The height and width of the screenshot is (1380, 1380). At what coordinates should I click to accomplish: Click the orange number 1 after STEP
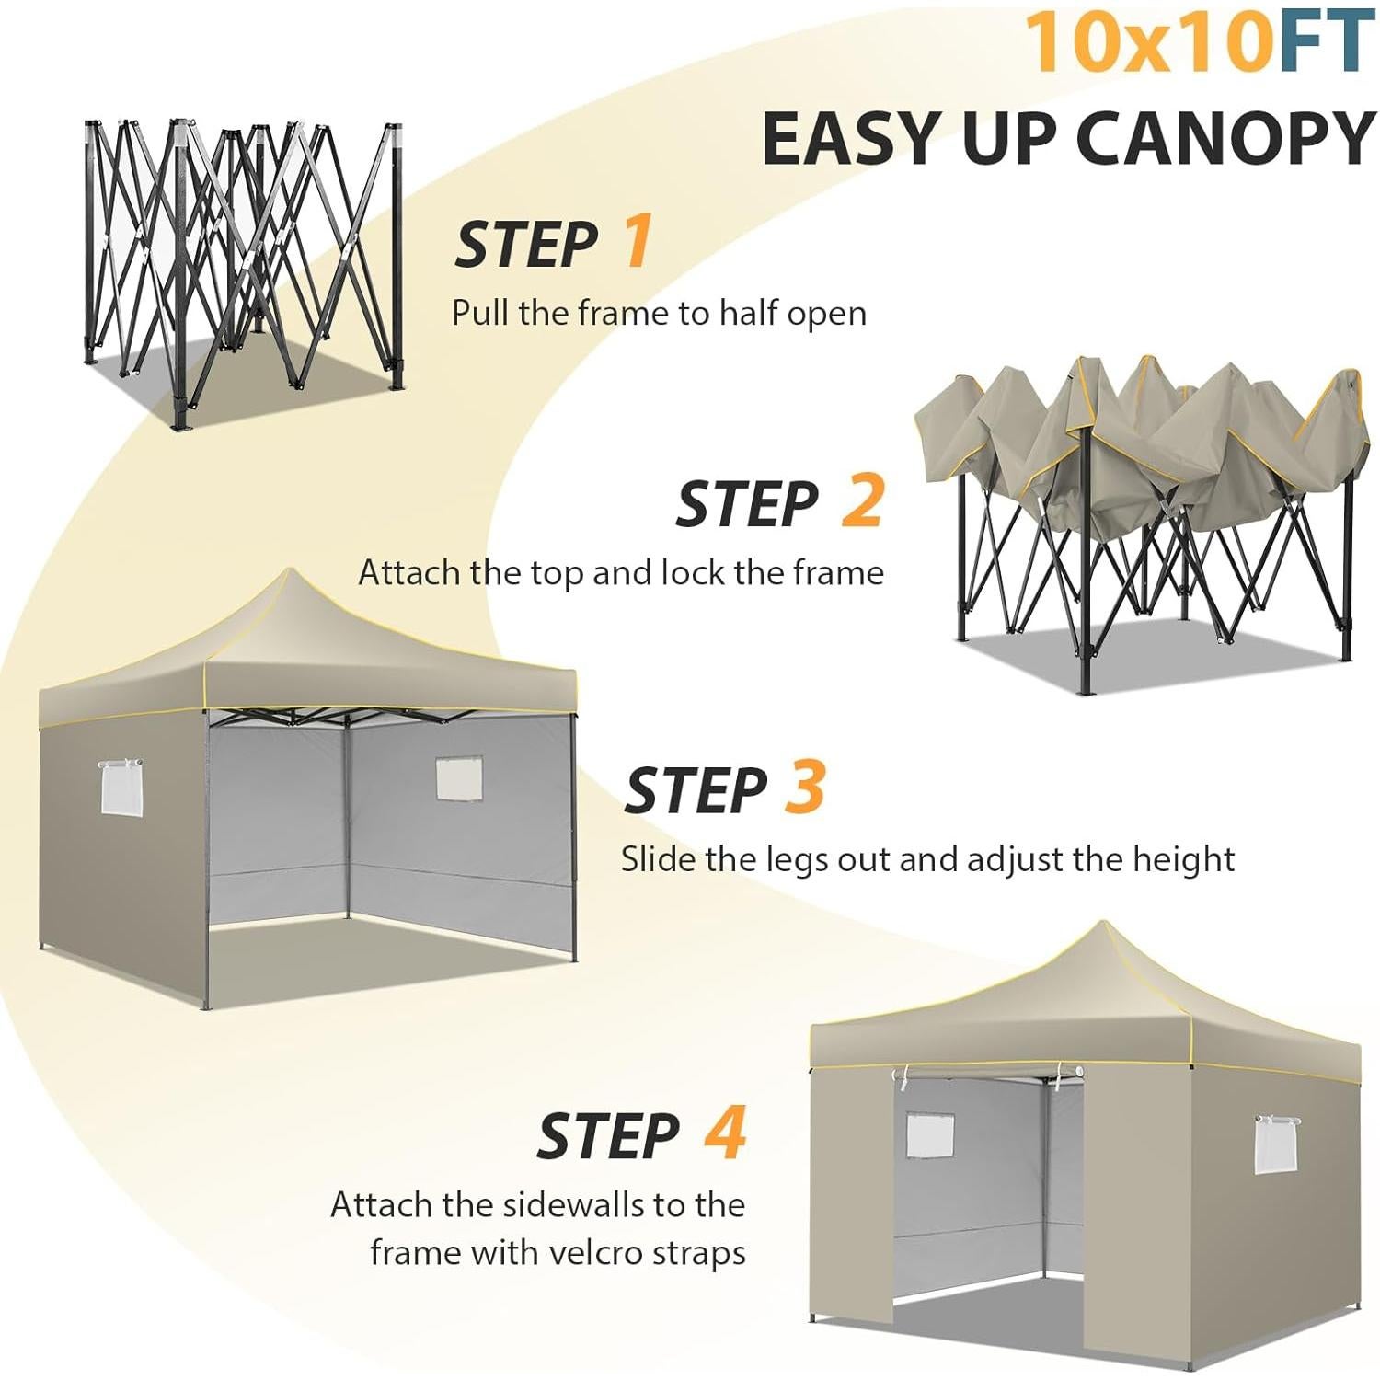pos(638,241)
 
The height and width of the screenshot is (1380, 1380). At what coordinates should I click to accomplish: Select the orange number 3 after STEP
pos(804,788)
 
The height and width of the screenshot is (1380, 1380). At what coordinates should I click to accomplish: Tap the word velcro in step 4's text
pos(595,1253)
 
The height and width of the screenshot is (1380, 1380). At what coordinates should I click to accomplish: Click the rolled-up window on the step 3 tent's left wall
pos(121,787)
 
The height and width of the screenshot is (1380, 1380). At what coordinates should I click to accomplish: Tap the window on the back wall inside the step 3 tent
pos(458,778)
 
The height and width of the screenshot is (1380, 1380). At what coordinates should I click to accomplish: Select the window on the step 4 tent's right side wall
pos(1276,1144)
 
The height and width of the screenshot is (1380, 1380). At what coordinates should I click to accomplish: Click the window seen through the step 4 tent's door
pos(929,1134)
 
